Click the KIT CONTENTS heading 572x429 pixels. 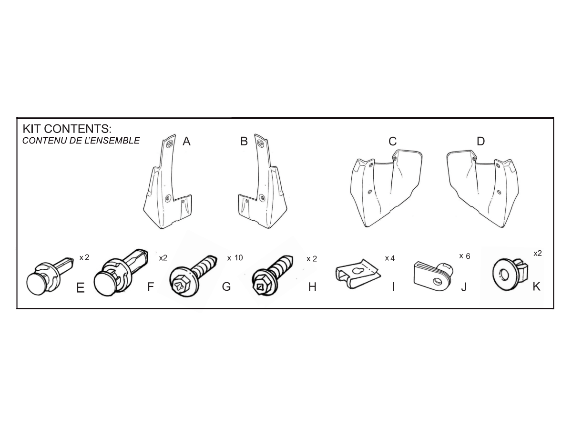[66, 129]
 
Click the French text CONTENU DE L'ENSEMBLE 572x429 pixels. [81, 141]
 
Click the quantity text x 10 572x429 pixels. [235, 258]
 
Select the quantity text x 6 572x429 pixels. [464, 256]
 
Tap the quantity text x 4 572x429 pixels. [389, 258]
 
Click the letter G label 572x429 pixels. [226, 287]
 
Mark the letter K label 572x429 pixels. [536, 287]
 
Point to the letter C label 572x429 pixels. [393, 141]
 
